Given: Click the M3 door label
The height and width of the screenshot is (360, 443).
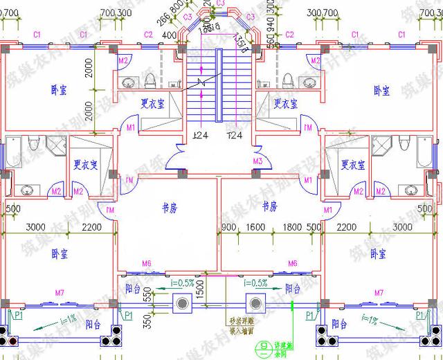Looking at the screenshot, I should [257, 161].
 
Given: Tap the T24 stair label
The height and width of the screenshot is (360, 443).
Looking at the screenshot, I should [234, 135].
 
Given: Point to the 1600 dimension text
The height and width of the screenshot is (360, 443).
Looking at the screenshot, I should [255, 226].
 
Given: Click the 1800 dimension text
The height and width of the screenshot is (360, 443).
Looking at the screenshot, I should [291, 226].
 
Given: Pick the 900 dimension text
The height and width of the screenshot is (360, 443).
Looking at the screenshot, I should [229, 226].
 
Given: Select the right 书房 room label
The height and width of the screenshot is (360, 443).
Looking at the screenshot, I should [269, 206].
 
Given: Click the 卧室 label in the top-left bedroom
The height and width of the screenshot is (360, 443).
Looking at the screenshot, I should [60, 90].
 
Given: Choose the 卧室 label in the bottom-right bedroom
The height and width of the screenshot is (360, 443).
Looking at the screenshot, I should [378, 253].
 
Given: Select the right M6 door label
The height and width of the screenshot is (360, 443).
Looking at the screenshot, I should [292, 264].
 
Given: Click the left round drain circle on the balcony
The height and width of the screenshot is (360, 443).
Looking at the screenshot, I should [183, 303].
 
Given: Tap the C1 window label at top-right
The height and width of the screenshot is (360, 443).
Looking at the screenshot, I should [402, 34].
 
